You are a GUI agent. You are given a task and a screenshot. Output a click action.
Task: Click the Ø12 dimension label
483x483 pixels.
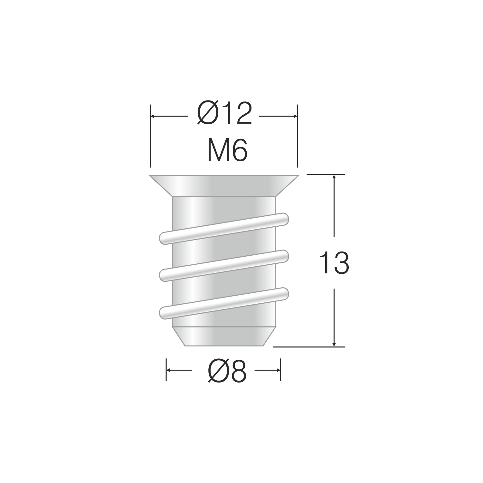[x=224, y=114]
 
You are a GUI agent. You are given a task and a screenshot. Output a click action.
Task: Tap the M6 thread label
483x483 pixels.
[x=227, y=150]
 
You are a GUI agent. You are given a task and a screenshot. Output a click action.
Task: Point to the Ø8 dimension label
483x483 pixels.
[x=227, y=371]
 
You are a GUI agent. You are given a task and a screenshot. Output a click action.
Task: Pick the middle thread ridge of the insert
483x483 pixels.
[x=224, y=266]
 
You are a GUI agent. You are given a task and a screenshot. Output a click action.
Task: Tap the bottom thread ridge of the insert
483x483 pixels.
[x=224, y=303]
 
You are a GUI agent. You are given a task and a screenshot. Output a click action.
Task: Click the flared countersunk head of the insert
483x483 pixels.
[x=224, y=186]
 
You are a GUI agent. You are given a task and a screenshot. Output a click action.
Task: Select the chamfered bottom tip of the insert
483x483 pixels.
[x=224, y=337]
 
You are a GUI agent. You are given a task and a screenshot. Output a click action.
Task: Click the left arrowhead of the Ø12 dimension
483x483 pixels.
[x=153, y=116]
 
